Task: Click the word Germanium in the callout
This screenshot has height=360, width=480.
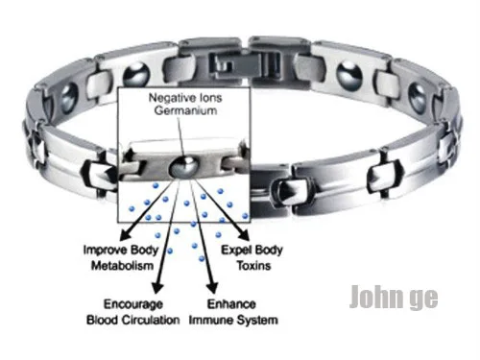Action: (x=185, y=110)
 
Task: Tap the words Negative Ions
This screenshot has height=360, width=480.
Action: (x=185, y=98)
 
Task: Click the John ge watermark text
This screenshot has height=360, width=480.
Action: (x=394, y=297)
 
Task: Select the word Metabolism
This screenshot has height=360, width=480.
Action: (x=122, y=266)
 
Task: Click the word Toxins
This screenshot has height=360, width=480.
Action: (x=253, y=266)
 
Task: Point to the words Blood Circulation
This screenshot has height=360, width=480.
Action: (x=133, y=320)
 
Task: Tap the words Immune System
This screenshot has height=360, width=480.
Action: (x=233, y=320)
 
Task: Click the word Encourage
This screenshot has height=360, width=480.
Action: (x=133, y=304)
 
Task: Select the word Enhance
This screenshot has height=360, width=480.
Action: (x=231, y=304)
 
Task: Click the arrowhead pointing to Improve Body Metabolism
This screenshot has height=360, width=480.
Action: (x=124, y=235)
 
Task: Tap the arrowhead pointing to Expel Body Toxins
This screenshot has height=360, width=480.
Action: (x=244, y=235)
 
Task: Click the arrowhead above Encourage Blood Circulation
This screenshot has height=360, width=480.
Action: (x=157, y=287)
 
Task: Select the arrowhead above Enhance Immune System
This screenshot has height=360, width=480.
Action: (x=212, y=288)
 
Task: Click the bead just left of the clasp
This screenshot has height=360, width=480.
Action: (x=136, y=76)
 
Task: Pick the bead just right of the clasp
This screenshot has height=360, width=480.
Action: (x=349, y=76)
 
